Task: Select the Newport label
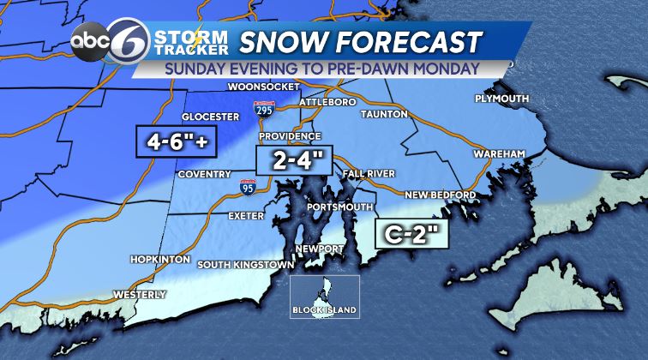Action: [x=320, y=249]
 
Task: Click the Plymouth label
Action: [x=501, y=99]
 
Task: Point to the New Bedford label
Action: [x=441, y=195]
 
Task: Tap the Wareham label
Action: [x=496, y=153]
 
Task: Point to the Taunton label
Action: [x=387, y=113]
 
